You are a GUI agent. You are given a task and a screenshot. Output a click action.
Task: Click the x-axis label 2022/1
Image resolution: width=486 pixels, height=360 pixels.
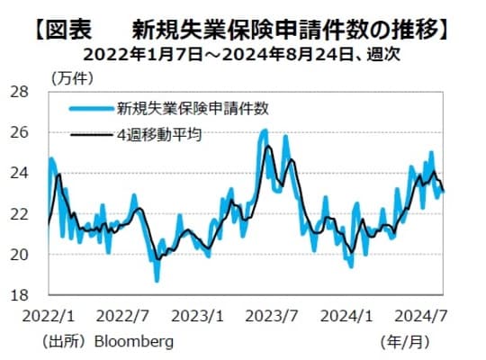(x=46, y=316)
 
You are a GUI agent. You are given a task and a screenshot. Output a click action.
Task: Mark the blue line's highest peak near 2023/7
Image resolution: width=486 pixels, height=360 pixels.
(x=264, y=130)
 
